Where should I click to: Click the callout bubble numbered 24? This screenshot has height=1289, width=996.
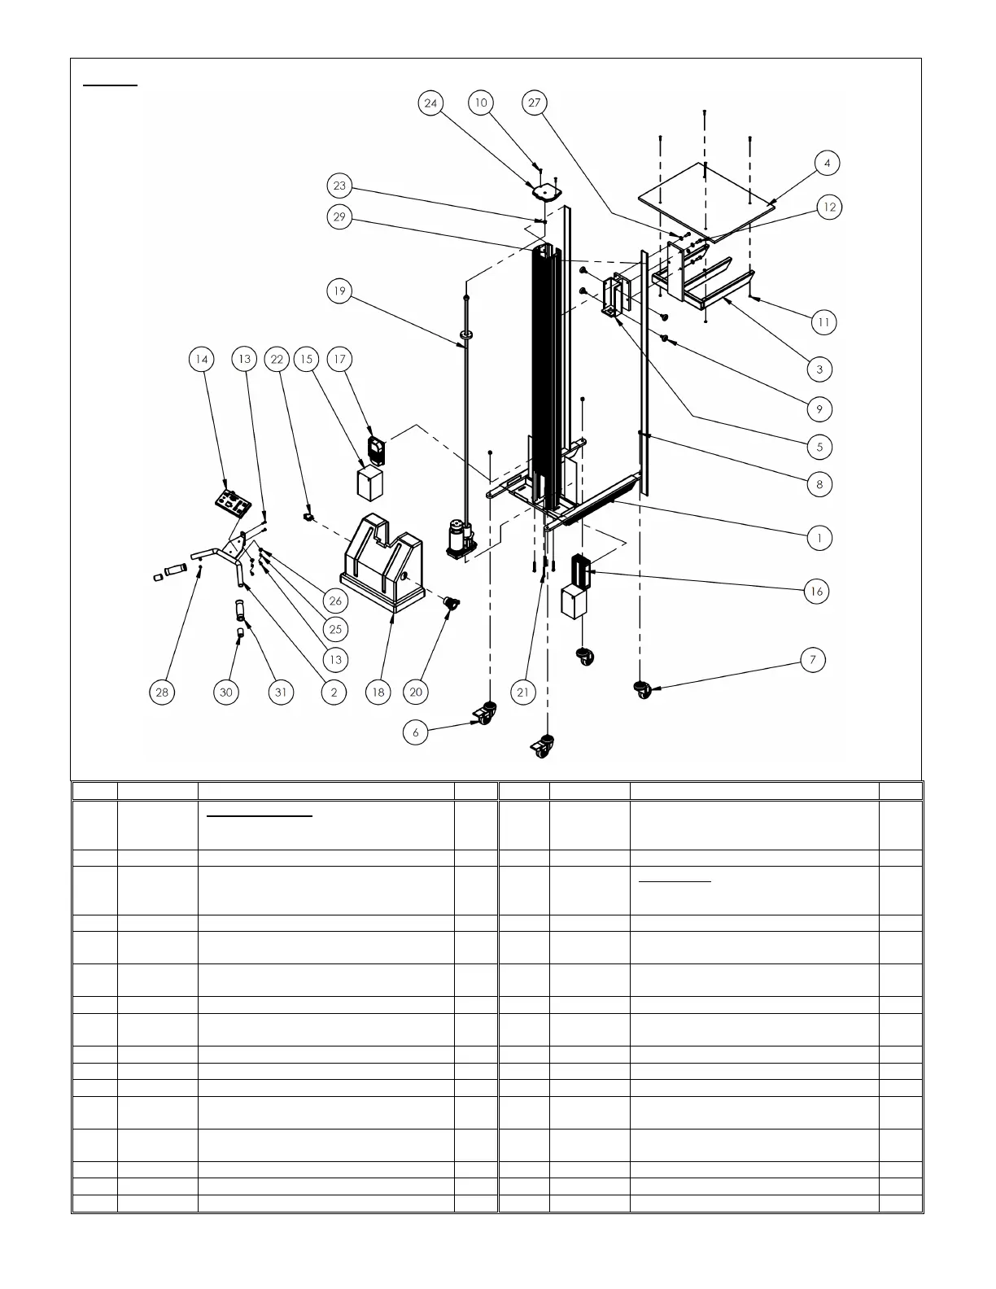coord(431,103)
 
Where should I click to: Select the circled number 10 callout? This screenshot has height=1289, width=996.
coord(481,103)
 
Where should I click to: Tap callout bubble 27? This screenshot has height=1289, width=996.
coord(535,103)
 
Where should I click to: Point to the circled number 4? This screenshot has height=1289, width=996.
coord(827,164)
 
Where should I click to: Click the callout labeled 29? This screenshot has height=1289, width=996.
coord(339,217)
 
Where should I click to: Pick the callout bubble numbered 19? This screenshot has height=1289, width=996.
coord(339,291)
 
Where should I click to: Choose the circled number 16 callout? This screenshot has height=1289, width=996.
coord(816,592)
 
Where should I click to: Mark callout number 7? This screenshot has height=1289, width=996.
coord(813,660)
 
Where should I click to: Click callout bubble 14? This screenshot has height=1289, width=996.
coord(202,359)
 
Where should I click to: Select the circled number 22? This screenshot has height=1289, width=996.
coord(277,359)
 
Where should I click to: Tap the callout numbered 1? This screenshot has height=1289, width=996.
coord(819,538)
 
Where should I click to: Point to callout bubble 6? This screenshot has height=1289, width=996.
coord(416,732)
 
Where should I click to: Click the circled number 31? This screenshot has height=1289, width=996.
coord(281,693)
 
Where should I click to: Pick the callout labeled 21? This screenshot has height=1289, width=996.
coord(523,693)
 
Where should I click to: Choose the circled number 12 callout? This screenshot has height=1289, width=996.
coord(830,208)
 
